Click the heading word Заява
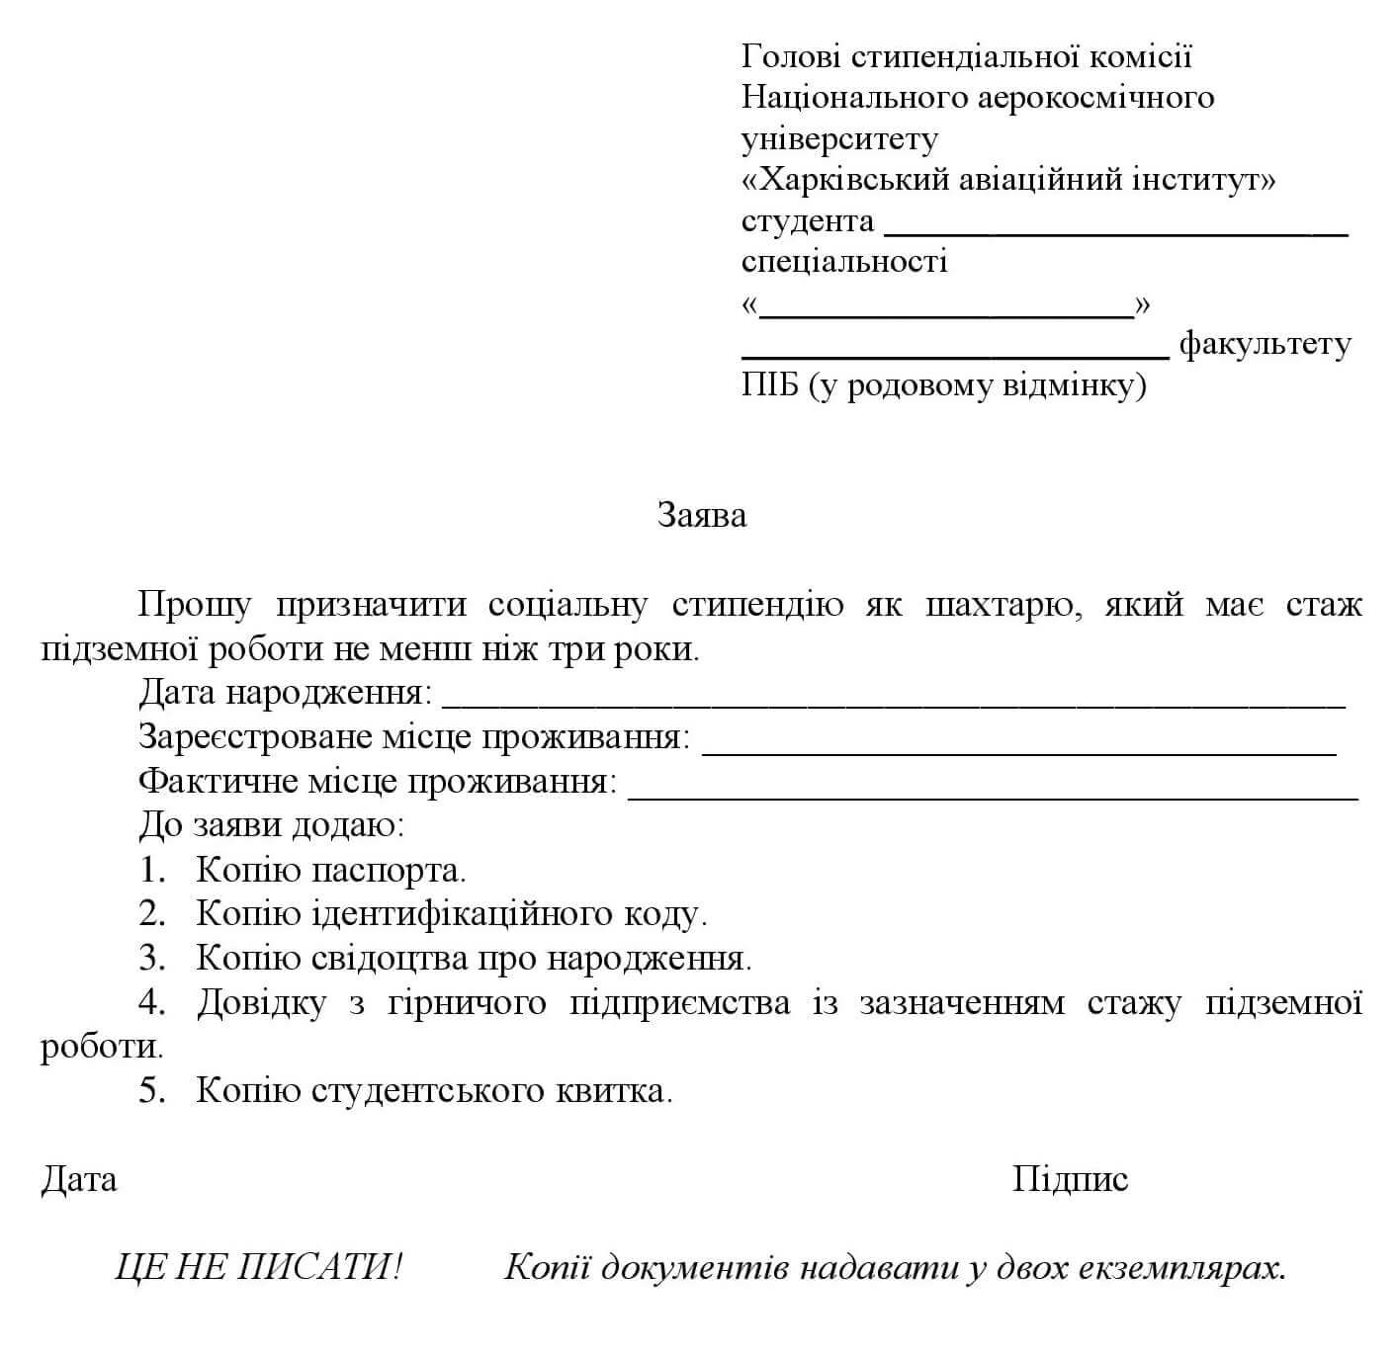[x=701, y=515]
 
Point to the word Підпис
[x=1070, y=1179]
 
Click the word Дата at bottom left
[x=79, y=1179]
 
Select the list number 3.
[x=151, y=958]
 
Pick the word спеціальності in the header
[x=844, y=262]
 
